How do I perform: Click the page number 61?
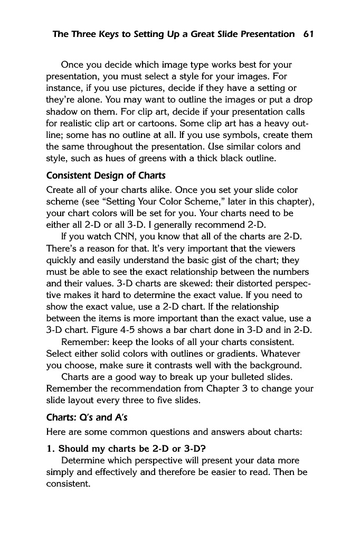(x=309, y=34)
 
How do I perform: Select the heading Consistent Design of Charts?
(x=106, y=175)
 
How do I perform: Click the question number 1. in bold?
(x=51, y=449)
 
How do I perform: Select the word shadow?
(x=62, y=115)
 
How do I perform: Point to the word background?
(x=276, y=365)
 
